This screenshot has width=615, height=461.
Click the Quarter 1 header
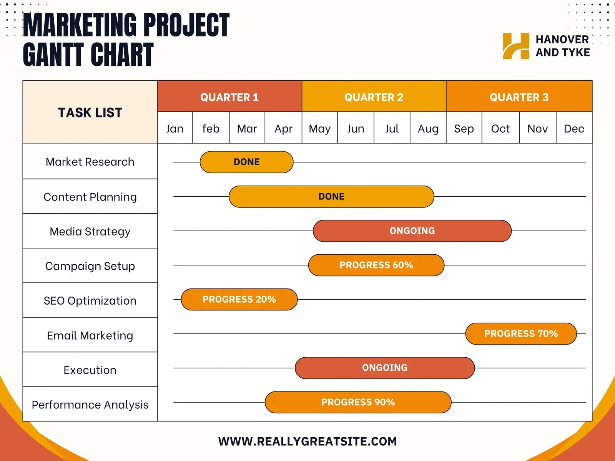pos(229,97)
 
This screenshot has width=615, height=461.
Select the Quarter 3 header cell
pos(519,97)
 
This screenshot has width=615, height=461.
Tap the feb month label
pos(211,128)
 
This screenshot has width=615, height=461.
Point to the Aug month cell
pos(428,128)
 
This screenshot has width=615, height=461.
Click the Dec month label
pos(574,128)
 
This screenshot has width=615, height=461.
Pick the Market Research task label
pos(90,162)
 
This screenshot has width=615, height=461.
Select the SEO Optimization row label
pos(90,300)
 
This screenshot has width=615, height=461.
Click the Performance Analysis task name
pos(90,405)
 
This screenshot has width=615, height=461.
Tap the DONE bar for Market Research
pos(246,162)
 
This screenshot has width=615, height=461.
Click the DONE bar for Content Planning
pos(331,197)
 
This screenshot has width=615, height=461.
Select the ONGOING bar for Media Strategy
pos(412,231)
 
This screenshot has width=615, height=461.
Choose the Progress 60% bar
pos(376,265)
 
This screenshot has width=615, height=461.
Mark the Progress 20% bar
pos(239,299)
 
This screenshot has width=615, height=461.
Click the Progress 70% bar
pos(521,333)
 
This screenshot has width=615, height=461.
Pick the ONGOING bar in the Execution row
pos(385,368)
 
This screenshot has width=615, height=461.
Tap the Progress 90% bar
pos(358,402)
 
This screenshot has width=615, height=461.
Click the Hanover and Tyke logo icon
pos(516,46)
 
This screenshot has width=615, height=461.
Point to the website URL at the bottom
pos(307,441)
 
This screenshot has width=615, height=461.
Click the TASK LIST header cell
pos(90,112)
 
